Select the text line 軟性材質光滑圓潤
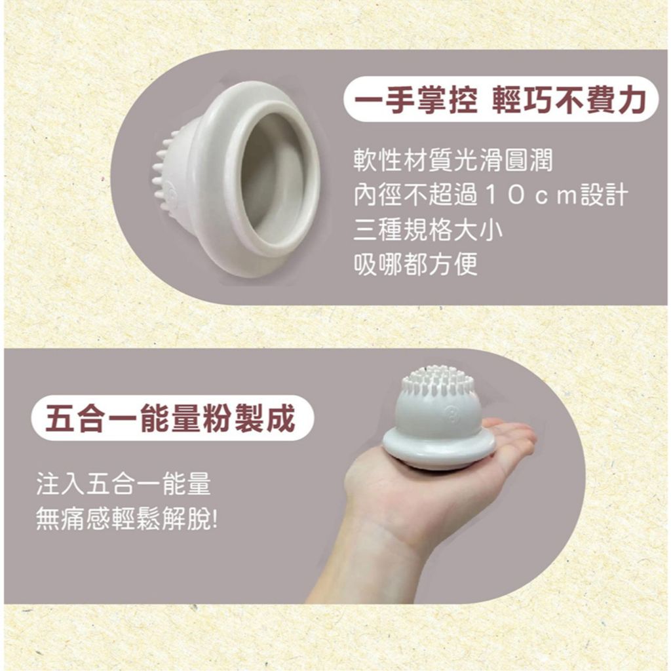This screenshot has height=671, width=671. [x=453, y=161]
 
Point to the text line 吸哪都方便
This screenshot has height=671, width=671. [x=415, y=264]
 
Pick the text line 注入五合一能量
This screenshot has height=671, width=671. [x=124, y=484]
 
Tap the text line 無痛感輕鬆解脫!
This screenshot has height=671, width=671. [x=126, y=520]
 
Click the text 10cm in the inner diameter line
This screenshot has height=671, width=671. [x=531, y=195]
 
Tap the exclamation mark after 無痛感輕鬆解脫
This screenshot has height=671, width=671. [x=214, y=520]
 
